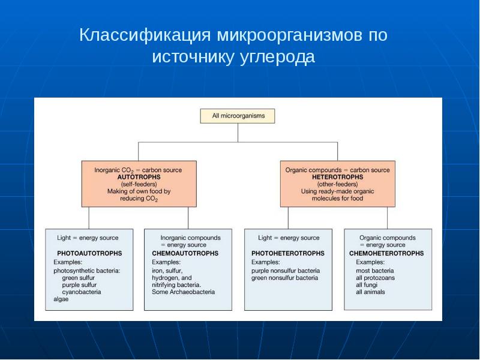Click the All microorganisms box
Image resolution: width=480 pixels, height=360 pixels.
(x=238, y=116)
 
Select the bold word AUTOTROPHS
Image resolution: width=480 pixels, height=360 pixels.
(x=139, y=177)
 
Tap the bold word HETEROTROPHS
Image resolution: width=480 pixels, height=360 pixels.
(x=338, y=177)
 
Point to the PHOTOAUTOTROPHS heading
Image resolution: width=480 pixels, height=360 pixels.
(x=89, y=253)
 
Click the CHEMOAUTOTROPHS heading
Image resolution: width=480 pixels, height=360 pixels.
(x=185, y=253)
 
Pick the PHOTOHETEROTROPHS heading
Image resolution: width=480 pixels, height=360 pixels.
(x=288, y=253)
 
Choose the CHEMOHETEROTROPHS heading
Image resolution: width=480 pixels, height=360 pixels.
(x=386, y=253)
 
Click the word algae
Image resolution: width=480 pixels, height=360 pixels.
(x=61, y=299)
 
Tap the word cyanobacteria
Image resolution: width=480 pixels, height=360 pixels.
(x=82, y=292)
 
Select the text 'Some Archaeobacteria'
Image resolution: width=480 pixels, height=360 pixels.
(x=184, y=292)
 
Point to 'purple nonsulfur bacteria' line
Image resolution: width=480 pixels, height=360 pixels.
(x=286, y=271)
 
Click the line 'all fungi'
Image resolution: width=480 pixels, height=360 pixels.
(x=367, y=285)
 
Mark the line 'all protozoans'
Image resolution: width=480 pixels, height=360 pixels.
(x=376, y=278)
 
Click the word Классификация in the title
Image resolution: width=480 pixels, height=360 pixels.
(x=145, y=35)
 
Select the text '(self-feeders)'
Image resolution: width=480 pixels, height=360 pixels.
(x=139, y=184)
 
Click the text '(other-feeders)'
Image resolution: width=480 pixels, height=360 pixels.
(x=338, y=184)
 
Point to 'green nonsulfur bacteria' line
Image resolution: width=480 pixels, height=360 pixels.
(x=284, y=278)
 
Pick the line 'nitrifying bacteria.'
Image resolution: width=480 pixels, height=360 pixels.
(x=176, y=285)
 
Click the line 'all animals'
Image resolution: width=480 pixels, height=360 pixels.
(x=370, y=292)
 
